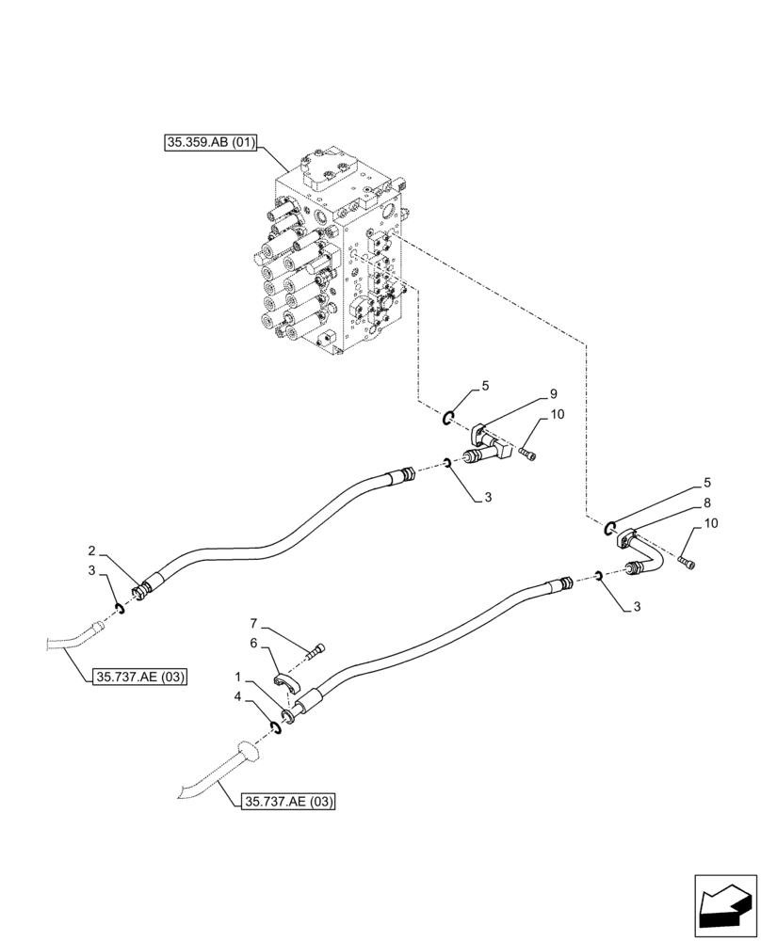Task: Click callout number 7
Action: tap(253, 623)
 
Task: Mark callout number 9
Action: tap(554, 393)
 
